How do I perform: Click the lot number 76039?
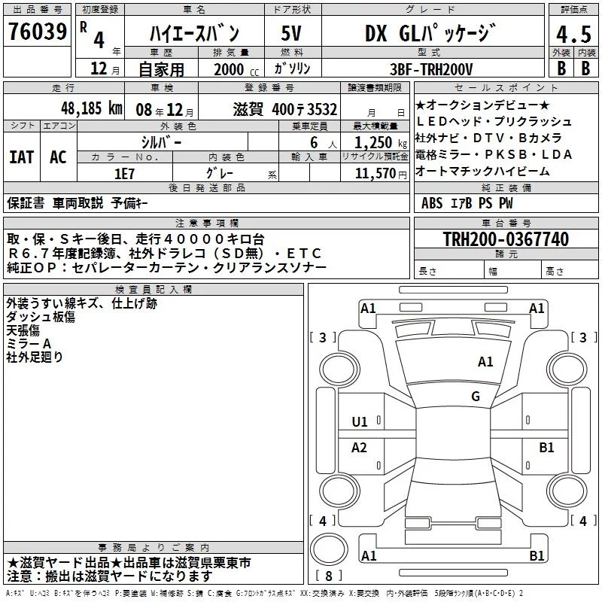(38, 32)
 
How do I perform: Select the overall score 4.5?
(573, 35)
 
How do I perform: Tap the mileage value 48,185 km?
(91, 108)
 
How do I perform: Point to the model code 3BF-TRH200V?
(431, 69)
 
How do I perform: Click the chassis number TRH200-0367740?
(506, 239)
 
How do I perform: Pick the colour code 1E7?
(124, 174)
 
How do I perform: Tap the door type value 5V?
(291, 33)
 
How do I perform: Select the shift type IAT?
(21, 157)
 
